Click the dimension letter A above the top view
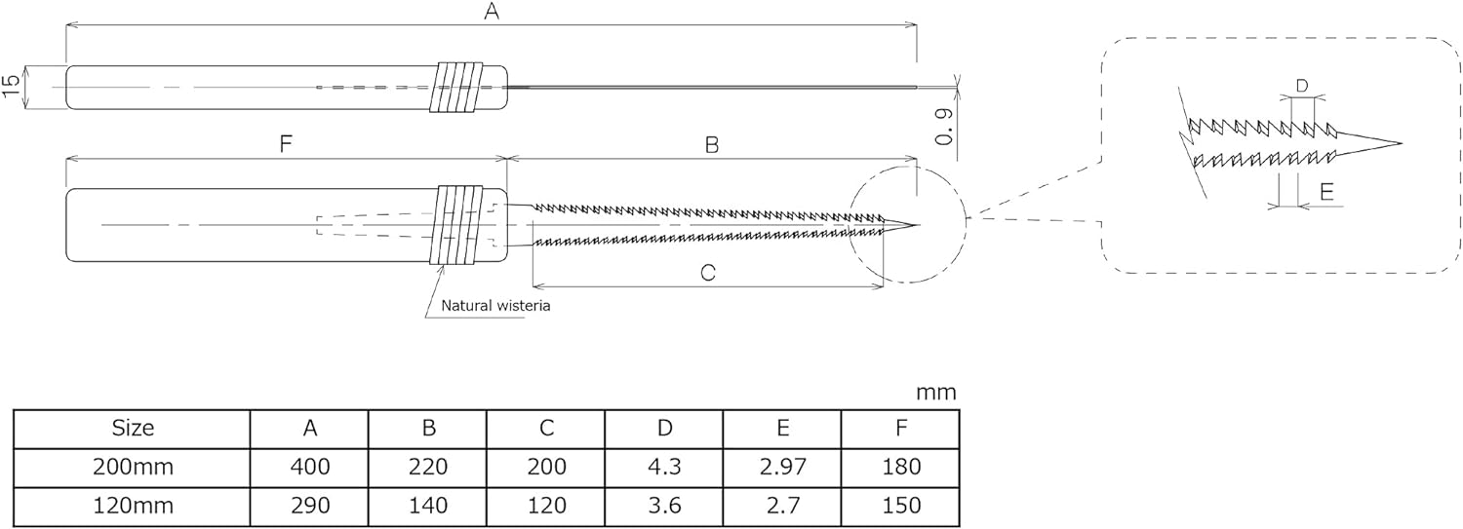(x=492, y=11)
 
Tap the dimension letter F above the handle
(x=286, y=144)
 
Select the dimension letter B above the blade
(x=712, y=144)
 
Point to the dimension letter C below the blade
(x=708, y=272)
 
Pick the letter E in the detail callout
(x=1326, y=192)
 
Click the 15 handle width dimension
(x=11, y=87)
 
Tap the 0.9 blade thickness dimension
(x=944, y=127)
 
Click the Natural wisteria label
(x=495, y=305)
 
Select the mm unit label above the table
(x=936, y=393)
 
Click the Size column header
(x=133, y=428)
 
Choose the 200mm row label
(x=133, y=467)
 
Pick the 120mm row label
(x=133, y=506)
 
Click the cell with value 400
(x=310, y=467)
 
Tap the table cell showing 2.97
(x=782, y=467)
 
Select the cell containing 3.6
(x=664, y=506)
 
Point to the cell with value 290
(x=310, y=506)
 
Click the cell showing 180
(x=900, y=467)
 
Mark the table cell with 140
(x=428, y=506)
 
